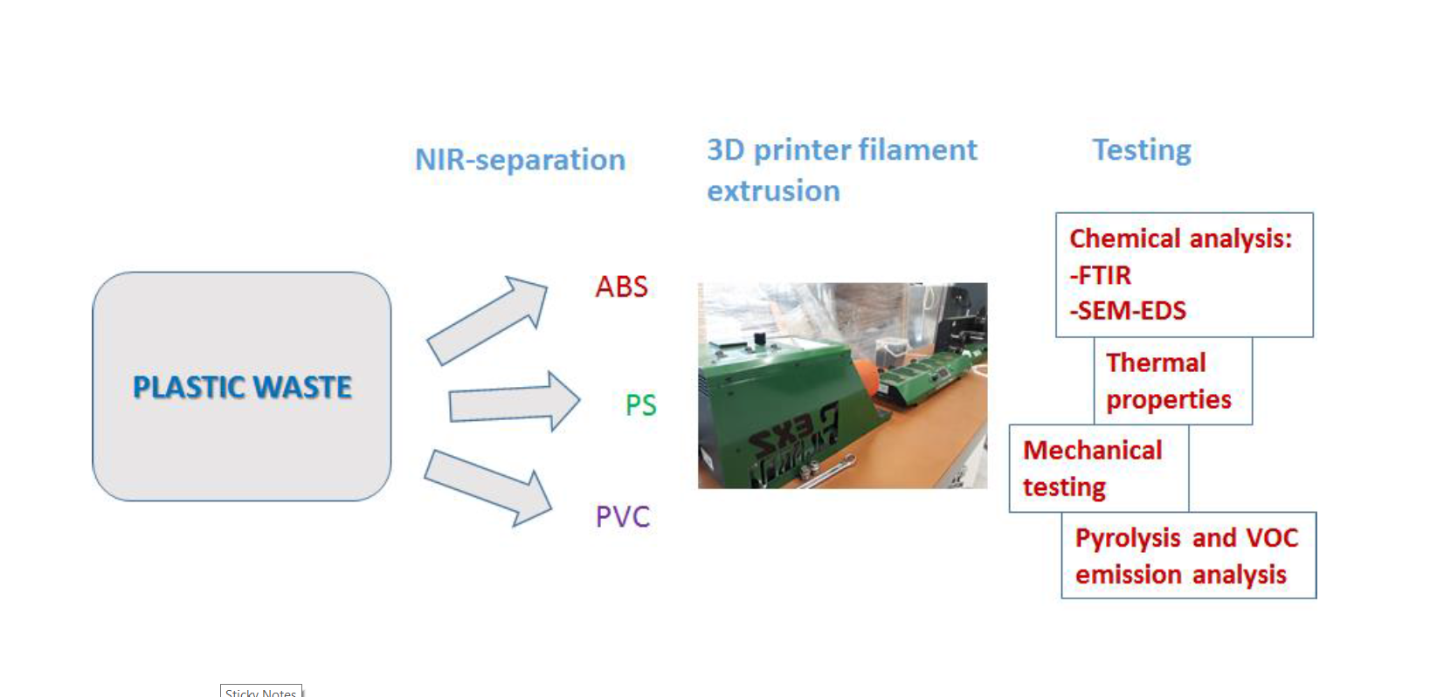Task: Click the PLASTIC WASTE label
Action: click(242, 387)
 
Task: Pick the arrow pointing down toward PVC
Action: click(487, 486)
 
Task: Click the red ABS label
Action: click(621, 286)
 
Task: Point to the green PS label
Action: click(640, 405)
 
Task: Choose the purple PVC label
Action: click(622, 516)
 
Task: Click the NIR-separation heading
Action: click(520, 160)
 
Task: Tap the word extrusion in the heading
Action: click(773, 191)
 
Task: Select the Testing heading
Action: click(1141, 150)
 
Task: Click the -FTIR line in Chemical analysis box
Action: click(1100, 275)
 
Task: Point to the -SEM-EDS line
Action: click(1128, 311)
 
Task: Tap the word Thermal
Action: click(1155, 362)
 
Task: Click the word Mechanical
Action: click(1092, 450)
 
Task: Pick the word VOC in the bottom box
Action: click(1271, 537)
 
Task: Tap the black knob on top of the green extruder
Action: click(759, 338)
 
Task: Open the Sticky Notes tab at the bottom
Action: click(260, 692)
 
